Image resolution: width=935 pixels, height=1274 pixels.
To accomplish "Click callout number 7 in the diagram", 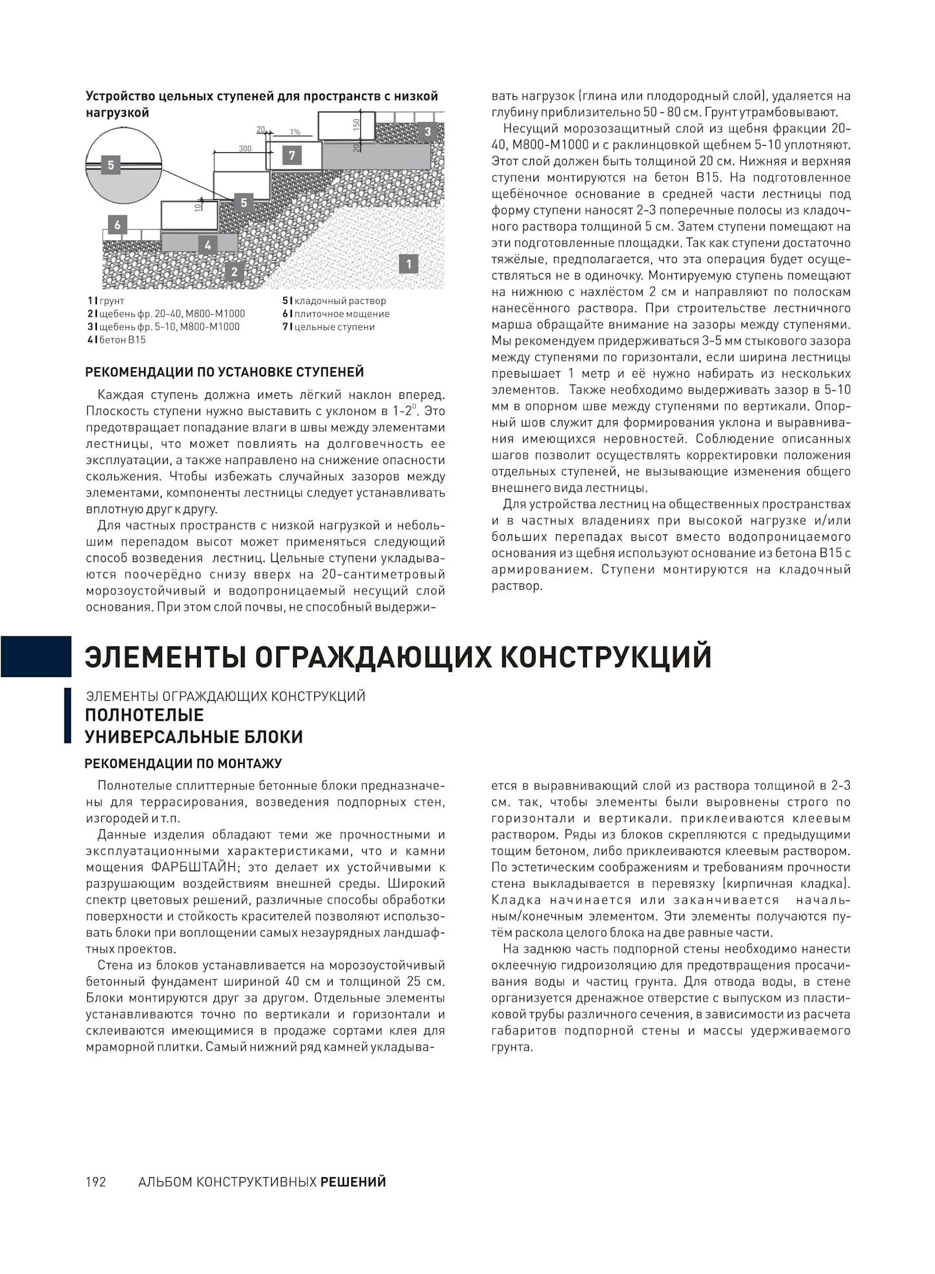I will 292,156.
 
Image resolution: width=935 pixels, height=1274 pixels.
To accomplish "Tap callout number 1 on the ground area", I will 408,263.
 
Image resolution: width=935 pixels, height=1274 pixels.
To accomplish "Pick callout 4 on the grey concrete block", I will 208,245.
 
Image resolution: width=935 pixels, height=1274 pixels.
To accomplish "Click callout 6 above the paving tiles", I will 118,225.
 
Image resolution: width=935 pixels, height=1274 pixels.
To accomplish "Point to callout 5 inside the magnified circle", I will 111,165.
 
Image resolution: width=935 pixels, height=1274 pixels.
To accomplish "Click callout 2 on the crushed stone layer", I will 234,272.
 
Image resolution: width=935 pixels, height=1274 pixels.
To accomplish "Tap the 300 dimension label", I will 245,148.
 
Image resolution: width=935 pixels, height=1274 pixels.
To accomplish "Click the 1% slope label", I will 294,132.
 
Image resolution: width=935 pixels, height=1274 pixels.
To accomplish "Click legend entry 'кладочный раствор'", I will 337,301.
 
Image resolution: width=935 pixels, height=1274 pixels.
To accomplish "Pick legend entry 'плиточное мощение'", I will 338,314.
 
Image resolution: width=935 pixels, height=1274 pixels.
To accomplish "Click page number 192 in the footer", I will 96,1182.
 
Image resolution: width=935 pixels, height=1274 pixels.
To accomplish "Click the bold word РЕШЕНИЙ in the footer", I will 353,1182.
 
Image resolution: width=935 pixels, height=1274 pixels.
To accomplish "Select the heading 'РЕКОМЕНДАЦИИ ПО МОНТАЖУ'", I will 183,763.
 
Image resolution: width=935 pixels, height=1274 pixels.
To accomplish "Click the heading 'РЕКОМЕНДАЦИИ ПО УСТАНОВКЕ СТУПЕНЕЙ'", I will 225,372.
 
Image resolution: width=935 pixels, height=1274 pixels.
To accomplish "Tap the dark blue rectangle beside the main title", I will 36,656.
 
